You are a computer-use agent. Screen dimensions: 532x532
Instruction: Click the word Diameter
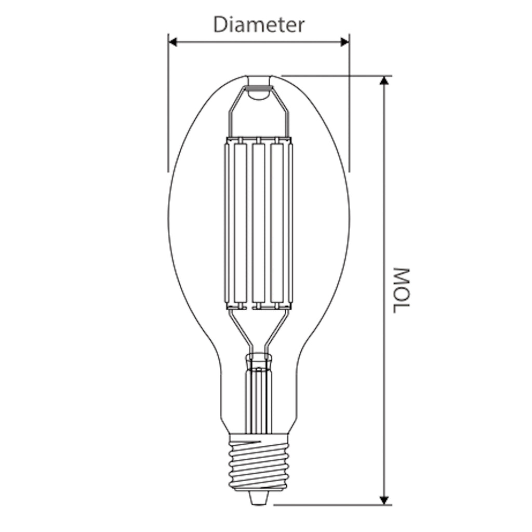pos(259,25)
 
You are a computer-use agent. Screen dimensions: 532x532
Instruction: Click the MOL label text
pos(402,290)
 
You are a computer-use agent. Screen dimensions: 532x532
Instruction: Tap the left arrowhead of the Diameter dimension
pos(173,42)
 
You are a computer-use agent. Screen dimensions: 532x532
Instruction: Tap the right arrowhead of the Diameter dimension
pos(345,42)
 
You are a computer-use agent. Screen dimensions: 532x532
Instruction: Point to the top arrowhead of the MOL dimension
pos(384,81)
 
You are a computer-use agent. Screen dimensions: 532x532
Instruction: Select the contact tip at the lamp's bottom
pos(258,498)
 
